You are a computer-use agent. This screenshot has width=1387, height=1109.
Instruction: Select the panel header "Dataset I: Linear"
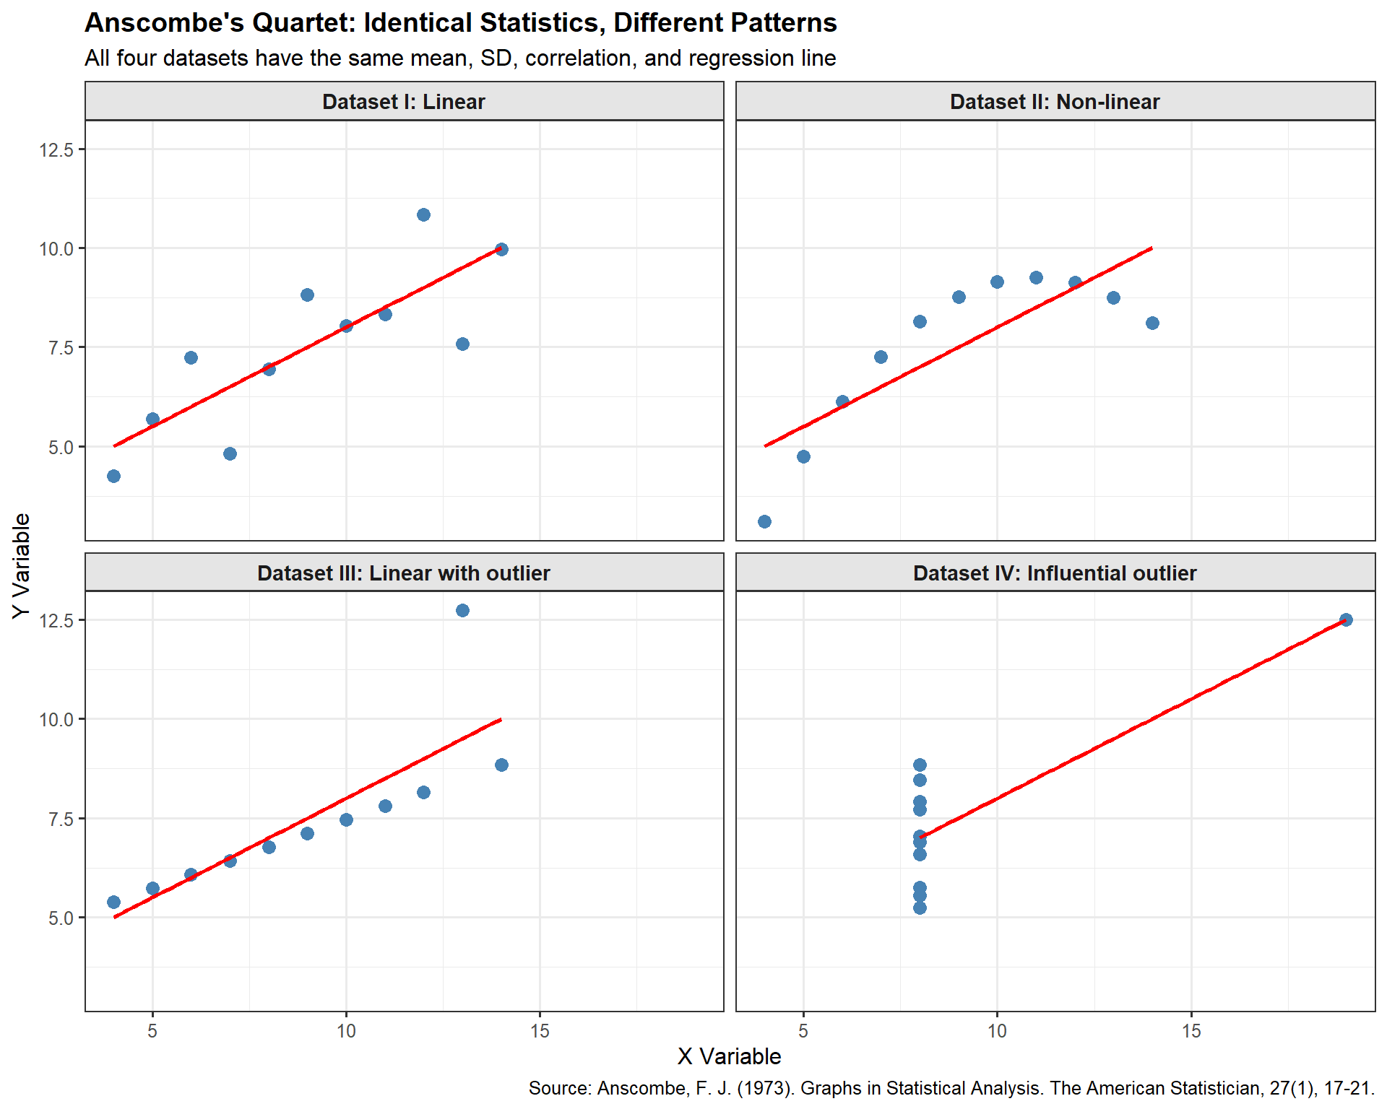pos(404,102)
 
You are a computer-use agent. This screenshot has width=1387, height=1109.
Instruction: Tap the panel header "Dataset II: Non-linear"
pos(1055,102)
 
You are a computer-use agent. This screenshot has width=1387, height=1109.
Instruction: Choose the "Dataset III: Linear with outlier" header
pos(404,573)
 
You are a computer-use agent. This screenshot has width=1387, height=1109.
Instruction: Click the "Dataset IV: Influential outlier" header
pos(1055,573)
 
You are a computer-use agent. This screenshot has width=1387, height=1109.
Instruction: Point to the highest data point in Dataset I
pos(423,214)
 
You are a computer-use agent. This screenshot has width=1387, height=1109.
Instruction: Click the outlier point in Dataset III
pos(462,611)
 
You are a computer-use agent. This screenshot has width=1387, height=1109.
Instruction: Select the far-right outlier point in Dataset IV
pos(1346,619)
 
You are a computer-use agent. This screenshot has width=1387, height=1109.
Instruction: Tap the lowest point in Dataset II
pos(764,521)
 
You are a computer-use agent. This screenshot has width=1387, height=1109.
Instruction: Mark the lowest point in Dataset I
pos(113,476)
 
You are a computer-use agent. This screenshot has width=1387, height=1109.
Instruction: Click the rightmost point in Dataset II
pos(1152,323)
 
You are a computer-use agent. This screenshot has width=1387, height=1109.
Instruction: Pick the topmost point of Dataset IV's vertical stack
pos(920,765)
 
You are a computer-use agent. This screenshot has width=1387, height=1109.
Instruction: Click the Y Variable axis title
pos(22,565)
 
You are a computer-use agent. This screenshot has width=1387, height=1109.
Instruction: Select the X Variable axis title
pos(730,1057)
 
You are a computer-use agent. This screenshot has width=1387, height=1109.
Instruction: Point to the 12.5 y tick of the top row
pos(56,149)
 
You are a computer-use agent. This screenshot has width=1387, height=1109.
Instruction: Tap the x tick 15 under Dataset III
pos(540,1031)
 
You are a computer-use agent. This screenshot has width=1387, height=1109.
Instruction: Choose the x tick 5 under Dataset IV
pos(803,1031)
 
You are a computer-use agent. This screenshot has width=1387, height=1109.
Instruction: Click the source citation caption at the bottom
pos(951,1089)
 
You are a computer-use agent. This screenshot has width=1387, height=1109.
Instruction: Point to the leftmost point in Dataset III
pos(113,902)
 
